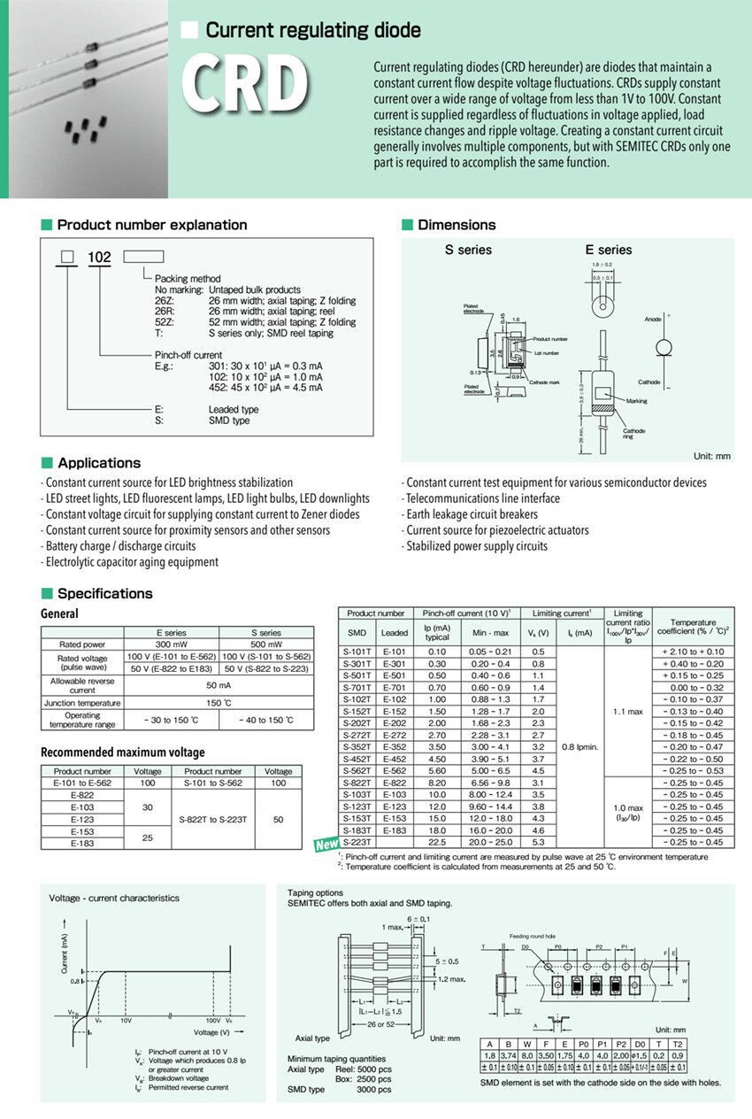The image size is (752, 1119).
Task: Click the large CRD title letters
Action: [x=245, y=86]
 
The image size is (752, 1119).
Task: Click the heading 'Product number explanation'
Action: [x=151, y=225]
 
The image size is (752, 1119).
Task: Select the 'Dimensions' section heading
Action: [x=457, y=225]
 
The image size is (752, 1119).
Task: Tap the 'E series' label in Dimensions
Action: [x=608, y=250]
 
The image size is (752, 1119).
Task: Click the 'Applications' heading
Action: [x=98, y=463]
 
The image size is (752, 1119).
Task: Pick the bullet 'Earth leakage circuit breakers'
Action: [x=471, y=514]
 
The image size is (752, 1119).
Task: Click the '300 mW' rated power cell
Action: [x=171, y=644]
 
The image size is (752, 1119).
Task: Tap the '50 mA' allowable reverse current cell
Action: [x=219, y=684]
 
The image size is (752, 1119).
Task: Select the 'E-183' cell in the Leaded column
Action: [x=395, y=830]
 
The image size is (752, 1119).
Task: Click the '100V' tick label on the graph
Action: [x=213, y=1021]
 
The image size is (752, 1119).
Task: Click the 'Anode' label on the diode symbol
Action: [x=653, y=319]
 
